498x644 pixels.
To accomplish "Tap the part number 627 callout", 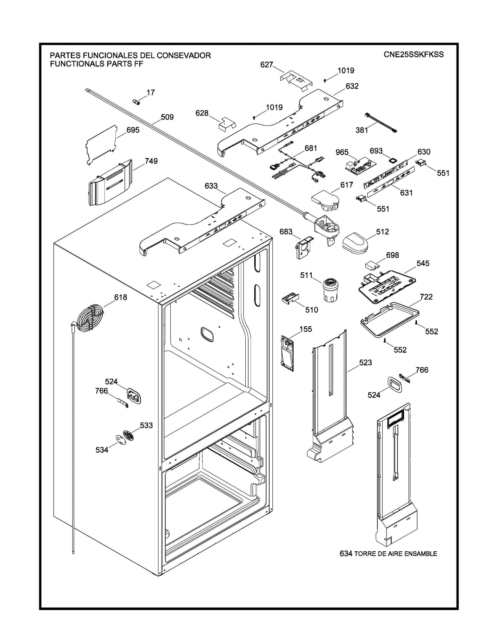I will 266,65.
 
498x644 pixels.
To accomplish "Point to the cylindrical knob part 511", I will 329,289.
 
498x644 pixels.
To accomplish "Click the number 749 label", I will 151,162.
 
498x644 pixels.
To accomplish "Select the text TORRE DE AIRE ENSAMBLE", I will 395,554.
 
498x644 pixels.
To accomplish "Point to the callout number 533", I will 146,426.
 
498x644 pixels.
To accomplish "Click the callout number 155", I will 305,329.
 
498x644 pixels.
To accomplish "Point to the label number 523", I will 365,362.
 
